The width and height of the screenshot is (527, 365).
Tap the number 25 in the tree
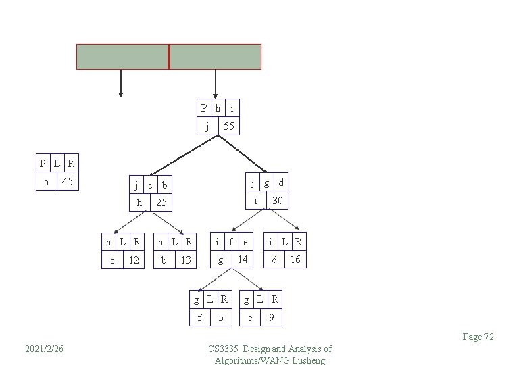click(x=161, y=203)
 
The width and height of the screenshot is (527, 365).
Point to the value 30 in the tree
click(x=277, y=200)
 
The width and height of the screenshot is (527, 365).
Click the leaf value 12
click(x=134, y=260)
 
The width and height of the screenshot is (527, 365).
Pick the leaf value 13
click(x=186, y=260)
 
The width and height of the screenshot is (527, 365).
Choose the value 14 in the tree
click(x=242, y=260)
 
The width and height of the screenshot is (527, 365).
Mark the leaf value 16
click(x=295, y=260)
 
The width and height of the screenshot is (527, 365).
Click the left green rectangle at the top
click(x=122, y=57)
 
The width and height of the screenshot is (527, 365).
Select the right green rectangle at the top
click(x=215, y=57)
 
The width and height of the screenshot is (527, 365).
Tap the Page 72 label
click(x=478, y=337)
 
